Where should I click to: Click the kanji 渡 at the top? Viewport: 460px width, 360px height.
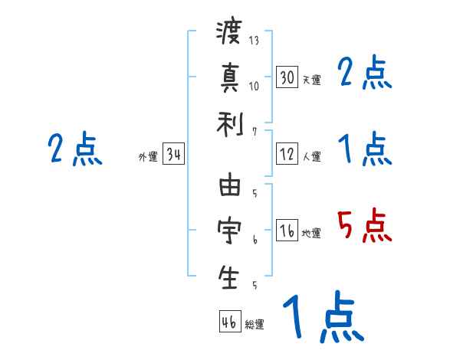click(x=229, y=34)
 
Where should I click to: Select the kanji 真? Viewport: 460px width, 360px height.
click(x=229, y=78)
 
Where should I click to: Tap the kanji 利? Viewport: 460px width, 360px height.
click(x=229, y=123)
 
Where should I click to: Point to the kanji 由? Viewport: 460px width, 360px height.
click(x=229, y=187)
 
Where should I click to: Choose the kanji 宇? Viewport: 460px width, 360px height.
click(x=229, y=231)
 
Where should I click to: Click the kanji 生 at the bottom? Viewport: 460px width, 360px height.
click(x=229, y=277)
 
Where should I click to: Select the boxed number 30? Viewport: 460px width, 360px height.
click(x=287, y=77)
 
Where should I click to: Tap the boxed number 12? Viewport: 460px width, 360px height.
click(x=287, y=155)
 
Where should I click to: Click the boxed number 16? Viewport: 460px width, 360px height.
click(x=287, y=231)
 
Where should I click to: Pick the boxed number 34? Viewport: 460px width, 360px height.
click(x=173, y=155)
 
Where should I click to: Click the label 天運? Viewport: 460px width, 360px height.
click(x=312, y=80)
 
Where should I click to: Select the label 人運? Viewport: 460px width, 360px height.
click(x=312, y=157)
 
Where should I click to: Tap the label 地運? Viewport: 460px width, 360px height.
click(x=312, y=233)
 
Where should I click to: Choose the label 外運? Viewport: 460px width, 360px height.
click(x=148, y=157)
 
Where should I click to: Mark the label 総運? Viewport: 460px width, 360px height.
click(x=255, y=324)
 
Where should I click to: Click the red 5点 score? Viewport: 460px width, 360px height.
click(x=365, y=227)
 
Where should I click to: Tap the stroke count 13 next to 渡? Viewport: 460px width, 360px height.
click(x=254, y=40)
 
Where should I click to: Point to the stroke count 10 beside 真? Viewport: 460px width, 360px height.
click(x=254, y=85)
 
